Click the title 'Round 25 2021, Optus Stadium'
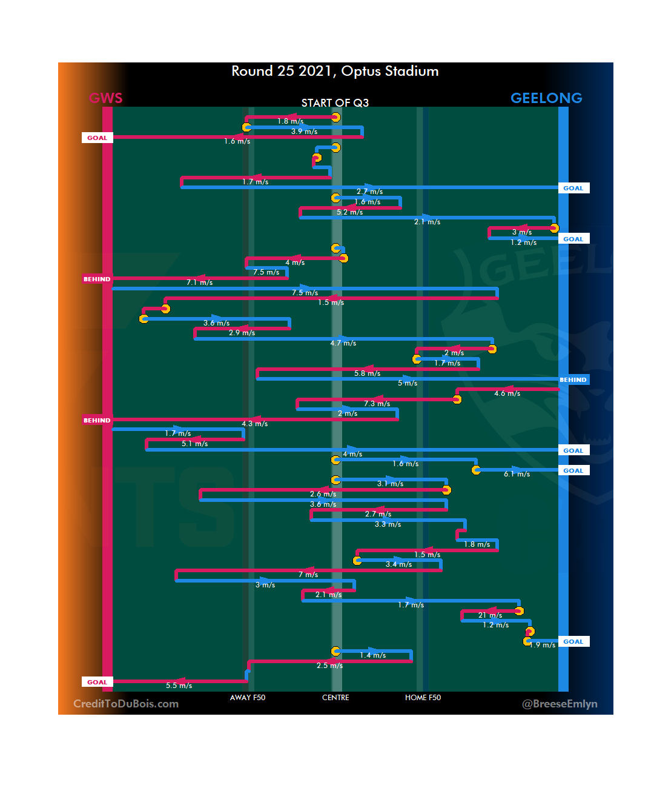[335, 72]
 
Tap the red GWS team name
[105, 98]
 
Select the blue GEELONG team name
[546, 98]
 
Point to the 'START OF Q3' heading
[335, 103]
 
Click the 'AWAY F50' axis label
[247, 698]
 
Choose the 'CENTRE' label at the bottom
[335, 698]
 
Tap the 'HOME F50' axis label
[423, 698]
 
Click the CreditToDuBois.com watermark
[126, 704]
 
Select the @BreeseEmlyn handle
[560, 704]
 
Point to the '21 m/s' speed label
[490, 615]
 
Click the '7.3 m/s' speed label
[377, 404]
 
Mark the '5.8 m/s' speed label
[367, 373]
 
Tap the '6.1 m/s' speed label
[517, 474]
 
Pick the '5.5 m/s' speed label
[179, 686]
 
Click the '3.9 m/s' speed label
[304, 132]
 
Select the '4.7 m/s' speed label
[343, 343]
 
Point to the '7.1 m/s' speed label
[199, 282]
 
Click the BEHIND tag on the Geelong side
[573, 380]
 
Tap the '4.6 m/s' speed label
[507, 393]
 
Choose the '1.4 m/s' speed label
[372, 655]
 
